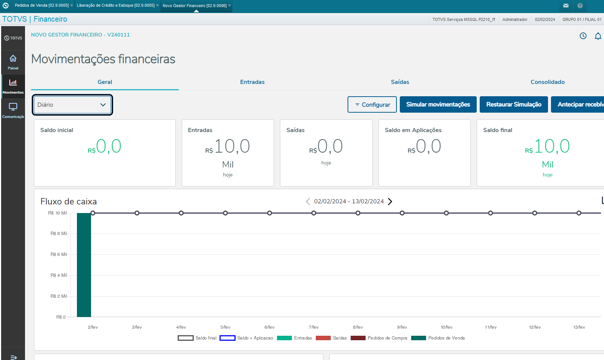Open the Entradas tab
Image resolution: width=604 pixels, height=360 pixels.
252,82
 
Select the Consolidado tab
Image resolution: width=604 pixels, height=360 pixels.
547,82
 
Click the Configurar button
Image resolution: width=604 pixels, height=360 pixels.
372,104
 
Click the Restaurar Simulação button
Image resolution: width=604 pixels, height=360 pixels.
514,104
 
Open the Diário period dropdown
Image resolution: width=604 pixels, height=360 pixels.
72,105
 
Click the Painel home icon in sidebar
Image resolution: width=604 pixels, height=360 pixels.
13,59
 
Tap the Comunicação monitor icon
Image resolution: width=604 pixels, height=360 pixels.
13,107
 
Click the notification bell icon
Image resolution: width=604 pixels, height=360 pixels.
598,36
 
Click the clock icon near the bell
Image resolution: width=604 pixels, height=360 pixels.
583,36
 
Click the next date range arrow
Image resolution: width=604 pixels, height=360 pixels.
390,201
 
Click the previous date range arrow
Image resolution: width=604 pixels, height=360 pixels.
308,201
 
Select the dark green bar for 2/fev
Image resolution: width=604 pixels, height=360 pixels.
84,265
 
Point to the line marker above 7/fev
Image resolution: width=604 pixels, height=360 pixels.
314,213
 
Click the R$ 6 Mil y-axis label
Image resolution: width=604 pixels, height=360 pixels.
59,254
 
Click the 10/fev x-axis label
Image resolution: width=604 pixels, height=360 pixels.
446,327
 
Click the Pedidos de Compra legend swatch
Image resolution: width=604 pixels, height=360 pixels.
358,338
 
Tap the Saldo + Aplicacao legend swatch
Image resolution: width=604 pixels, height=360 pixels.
227,338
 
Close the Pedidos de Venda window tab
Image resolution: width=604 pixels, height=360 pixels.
71,5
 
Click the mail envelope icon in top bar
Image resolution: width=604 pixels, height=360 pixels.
566,6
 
